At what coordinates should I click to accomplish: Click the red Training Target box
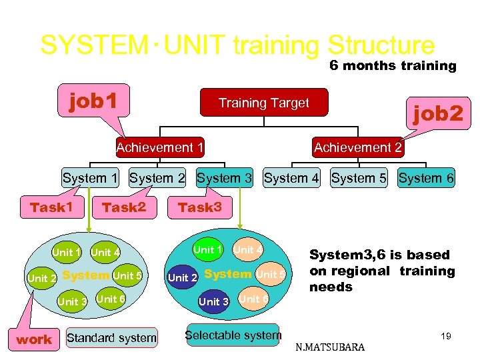point(264,103)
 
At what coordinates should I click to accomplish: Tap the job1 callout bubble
point(94,101)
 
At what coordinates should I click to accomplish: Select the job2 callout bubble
point(437,114)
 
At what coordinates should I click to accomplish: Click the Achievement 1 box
point(160,147)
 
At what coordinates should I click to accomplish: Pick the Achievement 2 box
point(358,147)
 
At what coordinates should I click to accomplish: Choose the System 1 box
point(90,178)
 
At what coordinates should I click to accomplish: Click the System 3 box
point(225,178)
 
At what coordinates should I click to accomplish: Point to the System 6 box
point(426,178)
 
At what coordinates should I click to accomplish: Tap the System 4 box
point(292,178)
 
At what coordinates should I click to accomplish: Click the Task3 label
point(200,207)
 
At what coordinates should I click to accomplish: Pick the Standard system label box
point(111,338)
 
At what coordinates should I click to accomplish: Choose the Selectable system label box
point(233,335)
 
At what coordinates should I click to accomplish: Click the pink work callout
point(34,339)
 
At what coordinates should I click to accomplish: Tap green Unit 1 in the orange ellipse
point(208,250)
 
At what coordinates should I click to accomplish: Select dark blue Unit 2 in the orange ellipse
point(183,277)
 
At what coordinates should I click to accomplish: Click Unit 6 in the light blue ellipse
point(111,299)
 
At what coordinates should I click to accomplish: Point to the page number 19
point(445,336)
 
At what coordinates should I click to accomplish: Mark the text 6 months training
point(393,65)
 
